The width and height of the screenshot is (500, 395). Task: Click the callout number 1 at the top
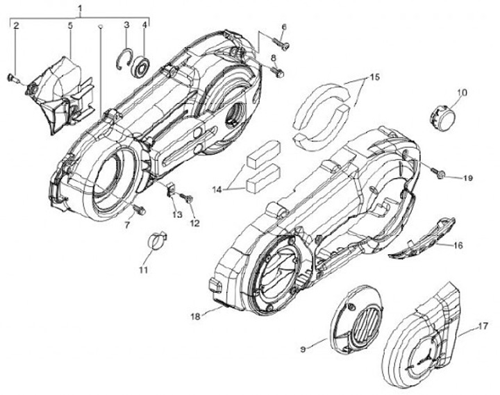(81, 8)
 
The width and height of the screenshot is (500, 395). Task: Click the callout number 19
(467, 178)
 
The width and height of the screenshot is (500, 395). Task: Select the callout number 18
(197, 316)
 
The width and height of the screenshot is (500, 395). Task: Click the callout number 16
(458, 245)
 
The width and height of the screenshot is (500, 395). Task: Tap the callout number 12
(194, 223)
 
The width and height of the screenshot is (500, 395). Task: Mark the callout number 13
(177, 215)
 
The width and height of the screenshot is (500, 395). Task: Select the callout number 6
(284, 28)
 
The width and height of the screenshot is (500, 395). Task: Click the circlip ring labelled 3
(124, 56)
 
